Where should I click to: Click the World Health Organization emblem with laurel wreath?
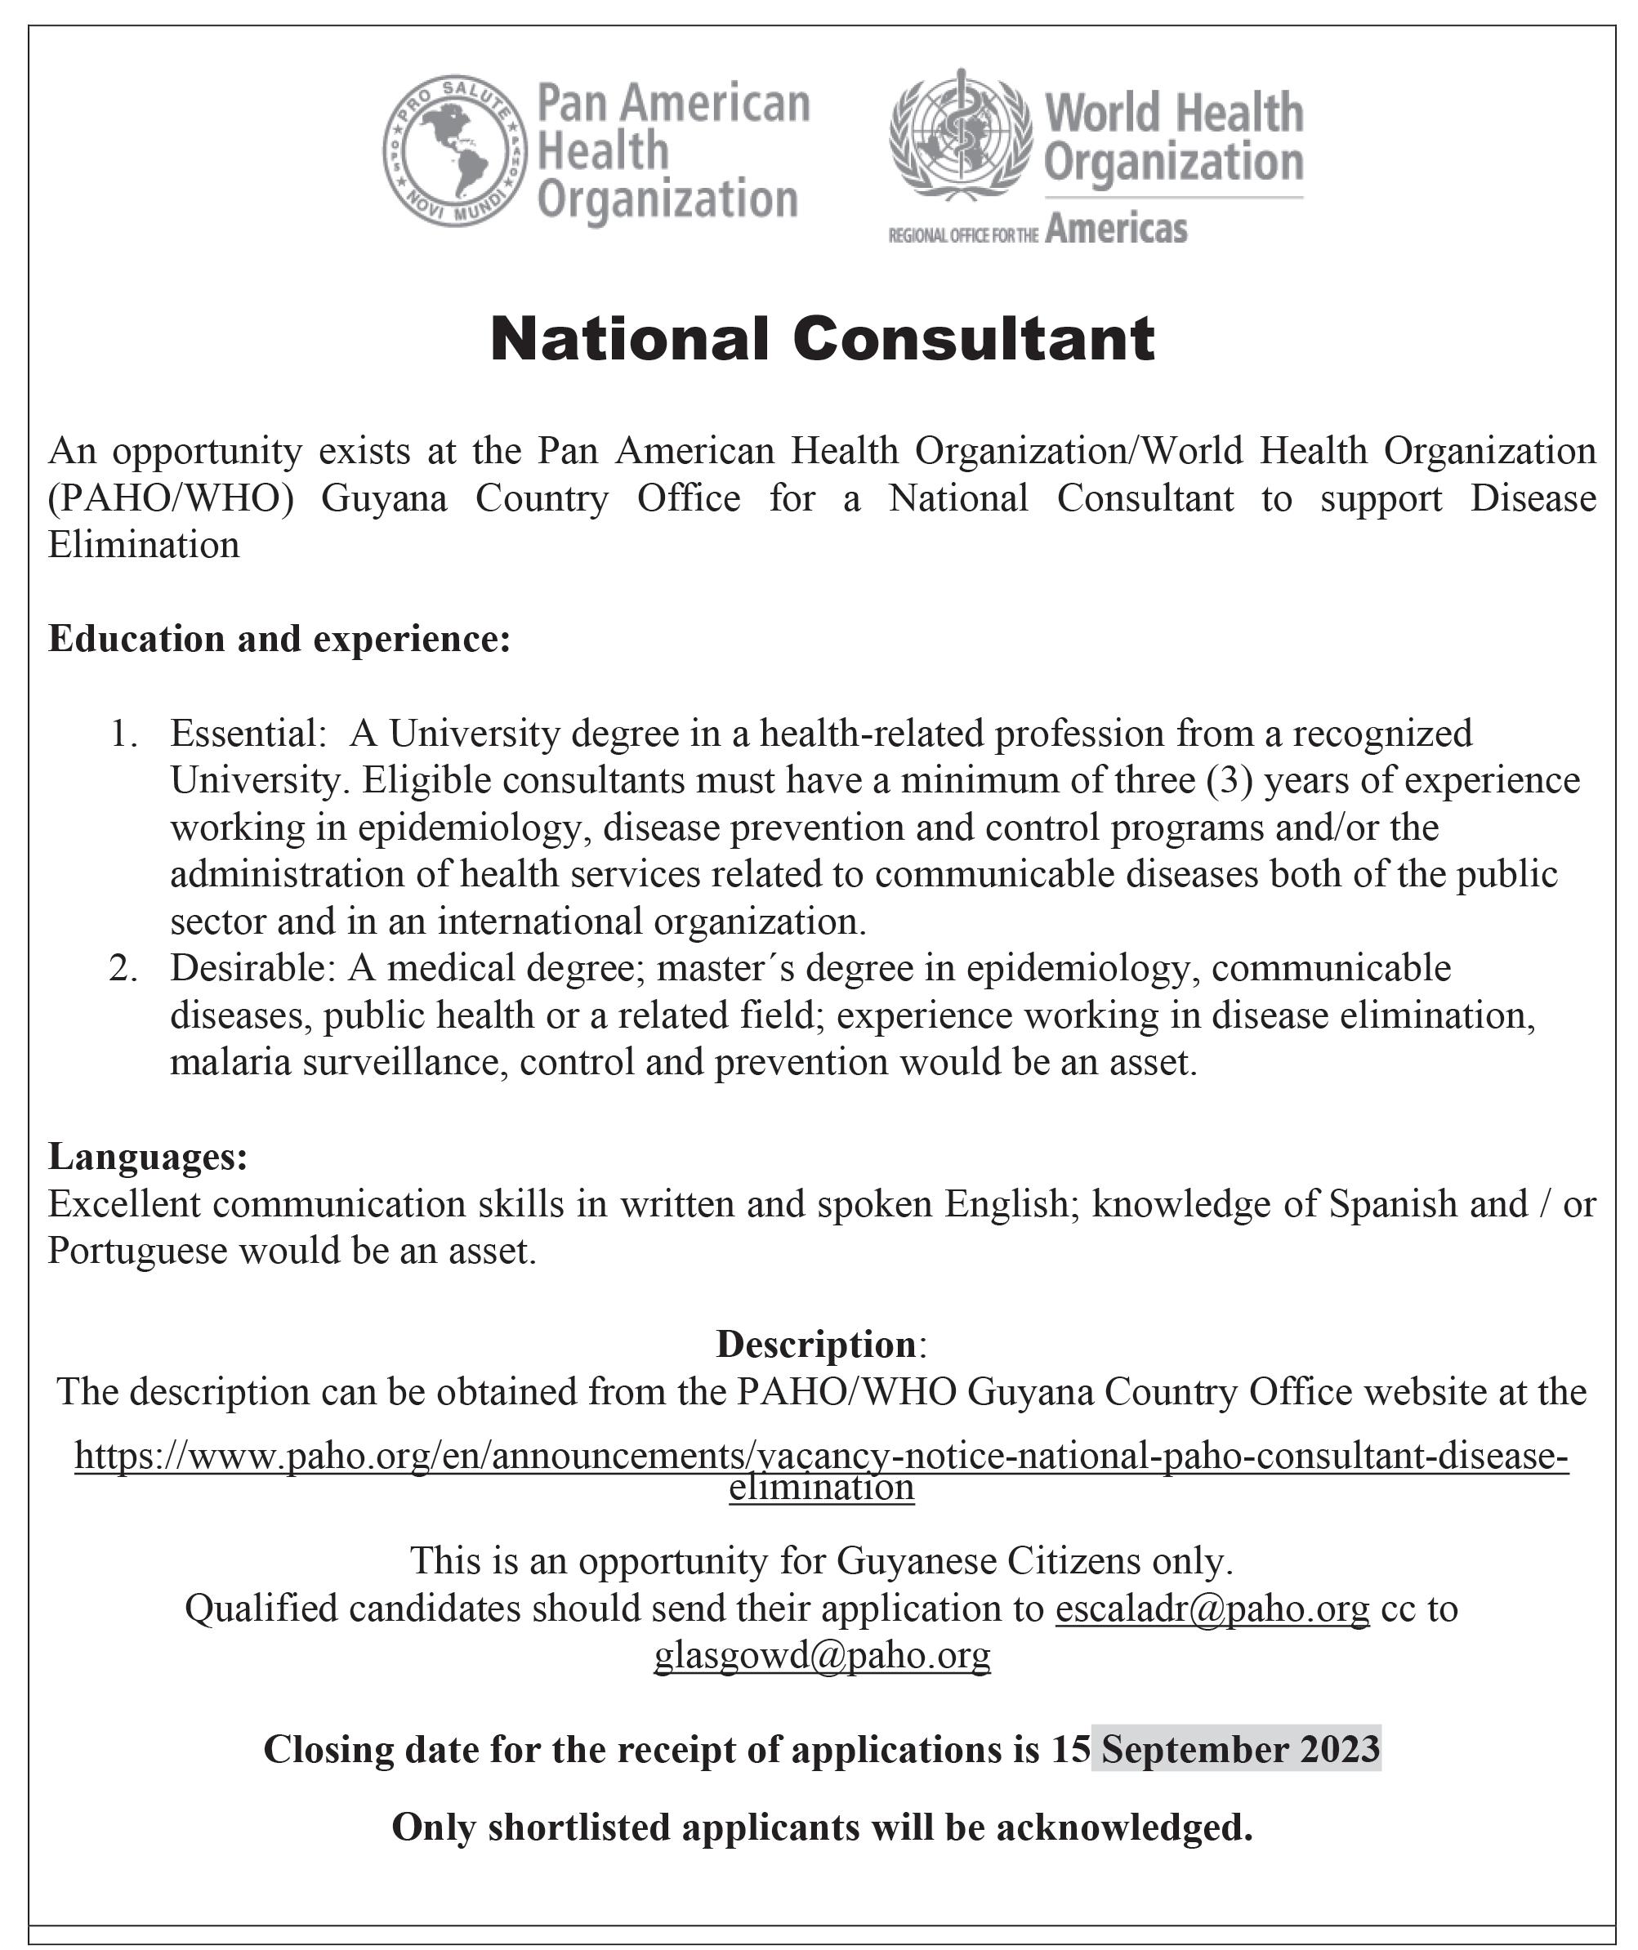tap(959, 136)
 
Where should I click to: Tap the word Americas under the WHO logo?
tap(1115, 229)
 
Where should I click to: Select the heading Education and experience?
tap(279, 639)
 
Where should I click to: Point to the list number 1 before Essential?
tap(123, 734)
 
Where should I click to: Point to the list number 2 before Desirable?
tap(123, 969)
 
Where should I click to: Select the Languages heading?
tap(148, 1157)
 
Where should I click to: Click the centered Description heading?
tap(816, 1345)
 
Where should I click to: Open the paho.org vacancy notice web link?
tap(821, 1457)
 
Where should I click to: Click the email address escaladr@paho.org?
tap(1212, 1608)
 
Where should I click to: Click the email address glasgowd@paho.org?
tap(822, 1655)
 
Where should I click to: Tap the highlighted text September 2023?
tap(1236, 1749)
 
